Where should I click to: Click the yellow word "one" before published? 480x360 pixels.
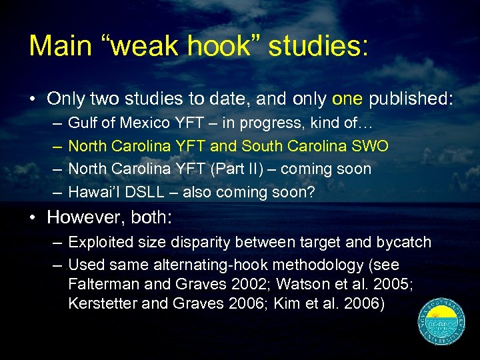(x=345, y=99)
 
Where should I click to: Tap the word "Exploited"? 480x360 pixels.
(x=99, y=242)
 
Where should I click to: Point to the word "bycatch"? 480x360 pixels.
(x=406, y=242)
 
